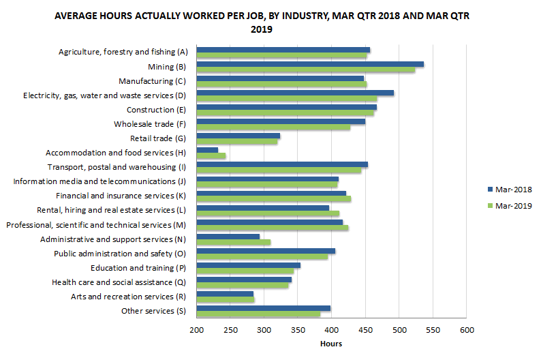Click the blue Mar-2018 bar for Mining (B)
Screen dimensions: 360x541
pos(310,64)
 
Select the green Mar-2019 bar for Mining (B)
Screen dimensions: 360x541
pos(306,70)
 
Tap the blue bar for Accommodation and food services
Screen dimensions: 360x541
pos(207,150)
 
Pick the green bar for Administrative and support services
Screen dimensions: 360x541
pos(234,242)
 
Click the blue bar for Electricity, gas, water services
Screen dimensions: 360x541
pos(295,93)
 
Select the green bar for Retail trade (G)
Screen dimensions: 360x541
pos(237,142)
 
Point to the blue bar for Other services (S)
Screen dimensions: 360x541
pos(264,308)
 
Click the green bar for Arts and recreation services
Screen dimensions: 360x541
pos(226,299)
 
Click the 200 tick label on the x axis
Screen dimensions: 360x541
pos(196,330)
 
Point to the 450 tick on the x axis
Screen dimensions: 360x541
pos(365,330)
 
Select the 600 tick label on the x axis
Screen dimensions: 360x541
pos(466,330)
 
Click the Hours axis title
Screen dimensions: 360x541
pos(331,344)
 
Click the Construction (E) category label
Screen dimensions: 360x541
pos(157,110)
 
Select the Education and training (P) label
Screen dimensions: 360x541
pos(139,268)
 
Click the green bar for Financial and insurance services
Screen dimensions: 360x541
pos(273,199)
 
